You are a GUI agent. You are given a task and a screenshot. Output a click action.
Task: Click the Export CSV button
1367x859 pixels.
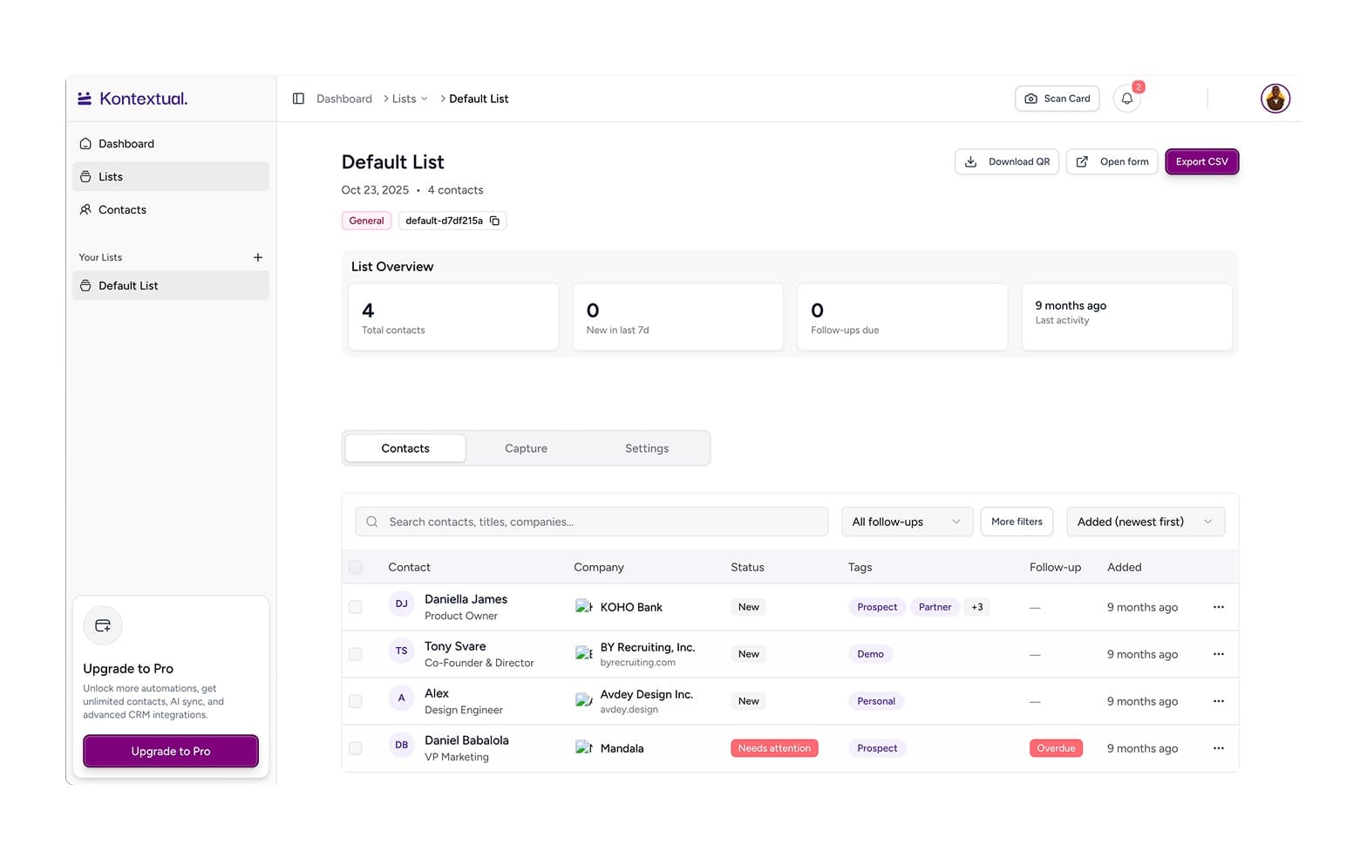1201,162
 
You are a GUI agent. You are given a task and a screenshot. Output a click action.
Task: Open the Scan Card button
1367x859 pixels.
1057,99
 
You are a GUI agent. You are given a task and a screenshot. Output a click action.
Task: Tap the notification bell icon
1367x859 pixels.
1126,99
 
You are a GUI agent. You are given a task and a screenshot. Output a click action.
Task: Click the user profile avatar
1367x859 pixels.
1275,99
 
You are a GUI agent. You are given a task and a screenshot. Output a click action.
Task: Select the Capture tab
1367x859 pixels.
526,448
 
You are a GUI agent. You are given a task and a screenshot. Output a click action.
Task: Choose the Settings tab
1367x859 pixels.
647,448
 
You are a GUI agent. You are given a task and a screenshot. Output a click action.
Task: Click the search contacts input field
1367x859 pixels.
591,522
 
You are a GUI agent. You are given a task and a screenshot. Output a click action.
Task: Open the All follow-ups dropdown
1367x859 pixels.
907,522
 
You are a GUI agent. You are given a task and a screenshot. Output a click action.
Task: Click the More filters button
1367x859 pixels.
1017,522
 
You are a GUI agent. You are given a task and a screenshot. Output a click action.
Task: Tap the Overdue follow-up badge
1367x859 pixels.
1056,748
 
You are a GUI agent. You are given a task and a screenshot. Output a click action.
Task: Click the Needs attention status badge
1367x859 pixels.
774,748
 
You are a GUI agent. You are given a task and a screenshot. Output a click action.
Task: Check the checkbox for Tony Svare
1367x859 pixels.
355,654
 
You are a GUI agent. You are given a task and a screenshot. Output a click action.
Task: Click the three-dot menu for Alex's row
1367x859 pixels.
1218,701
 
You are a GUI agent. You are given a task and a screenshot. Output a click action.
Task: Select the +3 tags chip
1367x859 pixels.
977,607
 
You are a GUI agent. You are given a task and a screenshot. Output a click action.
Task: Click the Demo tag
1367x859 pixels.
870,654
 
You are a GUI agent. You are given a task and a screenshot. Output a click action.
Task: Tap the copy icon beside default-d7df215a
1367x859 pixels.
494,221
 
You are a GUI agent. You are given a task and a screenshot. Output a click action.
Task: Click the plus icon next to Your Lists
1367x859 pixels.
257,257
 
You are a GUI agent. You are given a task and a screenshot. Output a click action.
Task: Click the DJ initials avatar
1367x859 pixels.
401,603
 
